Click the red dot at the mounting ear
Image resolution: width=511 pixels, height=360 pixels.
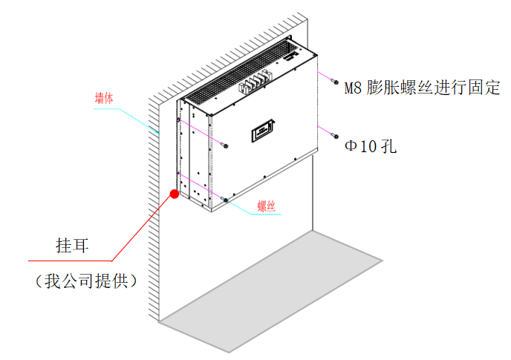pos(175,194)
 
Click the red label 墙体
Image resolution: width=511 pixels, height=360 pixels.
pos(105,96)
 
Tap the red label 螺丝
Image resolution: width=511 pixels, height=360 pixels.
pos(266,206)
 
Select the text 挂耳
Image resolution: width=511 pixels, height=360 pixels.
pos(73,245)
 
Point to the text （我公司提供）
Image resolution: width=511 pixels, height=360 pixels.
pos(82,281)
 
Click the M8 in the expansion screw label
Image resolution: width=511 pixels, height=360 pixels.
pos(354,88)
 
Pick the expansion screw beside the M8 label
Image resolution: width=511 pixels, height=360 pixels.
pos(336,82)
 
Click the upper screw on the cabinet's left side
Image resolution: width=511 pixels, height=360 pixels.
pos(225,144)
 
